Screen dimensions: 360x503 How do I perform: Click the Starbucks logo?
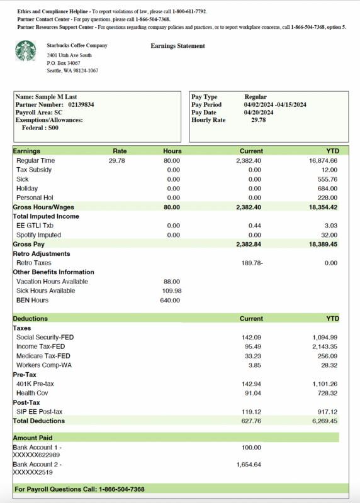tap(26, 51)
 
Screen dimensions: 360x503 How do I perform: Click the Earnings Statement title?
tap(177, 46)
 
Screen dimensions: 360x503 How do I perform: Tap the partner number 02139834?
tap(81, 104)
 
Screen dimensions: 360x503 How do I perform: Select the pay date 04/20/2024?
tap(259, 112)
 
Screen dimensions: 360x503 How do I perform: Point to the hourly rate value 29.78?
tap(258, 119)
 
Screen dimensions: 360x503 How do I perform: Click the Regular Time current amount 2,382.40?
tap(248, 161)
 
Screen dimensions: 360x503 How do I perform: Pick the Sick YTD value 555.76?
tap(326, 179)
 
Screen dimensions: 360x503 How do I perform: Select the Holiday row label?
tap(27, 189)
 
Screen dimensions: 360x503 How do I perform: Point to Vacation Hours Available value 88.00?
tap(171, 282)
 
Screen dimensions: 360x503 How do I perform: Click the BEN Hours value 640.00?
tap(170, 300)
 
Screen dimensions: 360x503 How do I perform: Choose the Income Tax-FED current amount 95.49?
tap(253, 346)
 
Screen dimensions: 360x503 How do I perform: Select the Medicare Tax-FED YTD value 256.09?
tap(326, 356)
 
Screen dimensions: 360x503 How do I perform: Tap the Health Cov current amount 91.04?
tap(253, 393)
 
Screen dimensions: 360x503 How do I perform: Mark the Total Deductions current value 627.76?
tap(251, 421)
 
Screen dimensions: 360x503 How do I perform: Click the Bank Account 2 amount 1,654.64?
tap(249, 465)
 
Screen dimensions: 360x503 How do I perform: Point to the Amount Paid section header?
tap(33, 438)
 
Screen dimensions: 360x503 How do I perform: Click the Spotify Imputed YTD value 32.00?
tap(329, 235)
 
